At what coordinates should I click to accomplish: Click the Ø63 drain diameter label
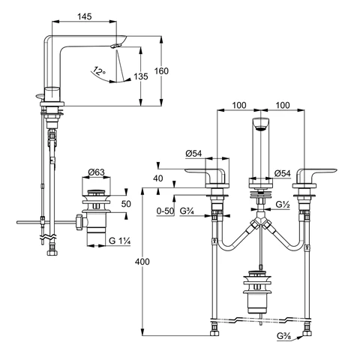(95, 172)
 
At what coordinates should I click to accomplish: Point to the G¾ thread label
(187, 212)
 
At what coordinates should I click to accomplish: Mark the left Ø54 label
(194, 154)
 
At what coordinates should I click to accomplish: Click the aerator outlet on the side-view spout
(114, 46)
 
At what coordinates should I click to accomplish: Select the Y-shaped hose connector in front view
(259, 225)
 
